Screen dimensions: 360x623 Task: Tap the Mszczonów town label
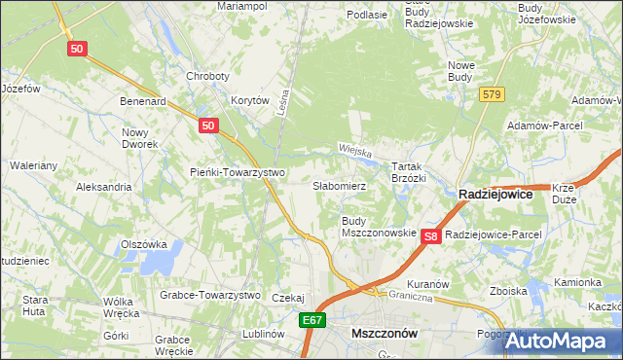point(384,333)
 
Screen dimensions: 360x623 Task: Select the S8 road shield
point(433,235)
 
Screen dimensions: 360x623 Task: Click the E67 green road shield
point(311,319)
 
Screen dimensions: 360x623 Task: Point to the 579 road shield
point(491,93)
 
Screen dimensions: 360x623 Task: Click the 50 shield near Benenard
point(206,126)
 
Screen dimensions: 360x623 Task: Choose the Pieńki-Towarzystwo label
point(237,173)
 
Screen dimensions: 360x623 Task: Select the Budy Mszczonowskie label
point(379,228)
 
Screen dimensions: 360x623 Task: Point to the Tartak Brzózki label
point(409,172)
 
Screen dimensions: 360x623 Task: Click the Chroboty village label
point(207,76)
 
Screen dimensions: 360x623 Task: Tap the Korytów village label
point(249,100)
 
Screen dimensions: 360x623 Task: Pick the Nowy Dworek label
point(139,137)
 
